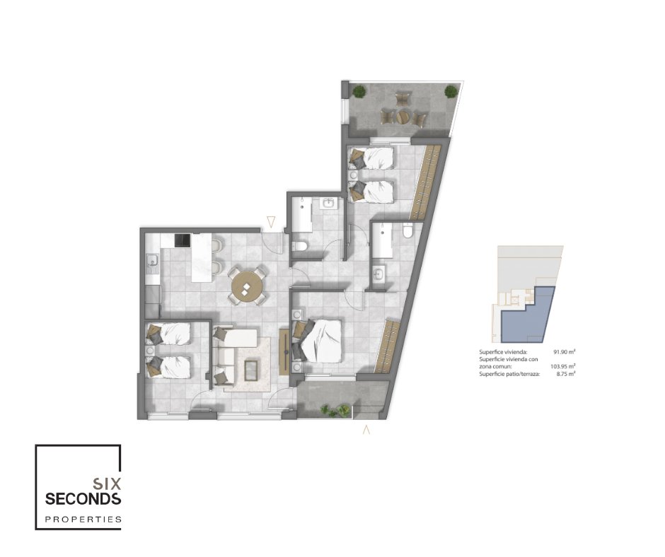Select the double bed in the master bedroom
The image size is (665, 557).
click(318, 341)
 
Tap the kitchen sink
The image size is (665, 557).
click(151, 263)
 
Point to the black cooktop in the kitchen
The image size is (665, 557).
click(183, 240)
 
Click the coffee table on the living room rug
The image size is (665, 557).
click(252, 370)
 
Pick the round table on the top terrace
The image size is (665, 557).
click(403, 116)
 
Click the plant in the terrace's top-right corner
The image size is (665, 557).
click(451, 91)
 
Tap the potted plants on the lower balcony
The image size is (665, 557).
click(335, 411)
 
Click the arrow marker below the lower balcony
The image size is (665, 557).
click(366, 429)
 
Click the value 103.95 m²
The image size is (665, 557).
click(563, 366)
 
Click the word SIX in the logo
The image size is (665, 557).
click(108, 483)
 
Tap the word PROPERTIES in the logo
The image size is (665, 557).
click(83, 519)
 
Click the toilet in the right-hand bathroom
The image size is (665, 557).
click(407, 231)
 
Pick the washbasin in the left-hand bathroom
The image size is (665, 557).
click(328, 204)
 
